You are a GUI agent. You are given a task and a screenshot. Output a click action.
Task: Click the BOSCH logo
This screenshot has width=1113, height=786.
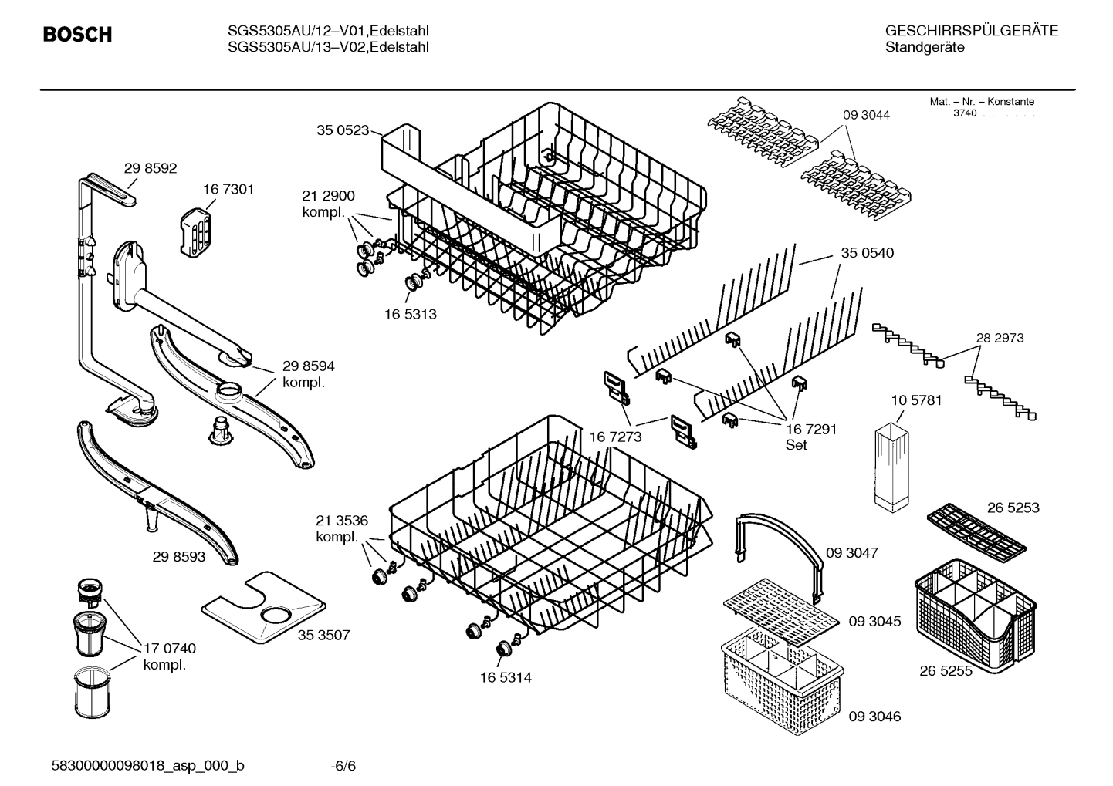point(77,35)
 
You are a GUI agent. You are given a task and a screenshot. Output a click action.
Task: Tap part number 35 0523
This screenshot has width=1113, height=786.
point(342,130)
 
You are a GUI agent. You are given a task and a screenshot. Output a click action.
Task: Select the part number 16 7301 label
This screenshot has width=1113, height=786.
point(228,189)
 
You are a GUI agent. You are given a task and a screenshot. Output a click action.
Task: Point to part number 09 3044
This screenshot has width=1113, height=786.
point(866,115)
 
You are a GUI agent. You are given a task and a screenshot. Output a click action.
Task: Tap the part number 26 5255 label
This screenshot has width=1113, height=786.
point(946,671)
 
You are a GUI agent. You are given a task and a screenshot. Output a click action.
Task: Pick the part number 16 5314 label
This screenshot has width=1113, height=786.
point(506,678)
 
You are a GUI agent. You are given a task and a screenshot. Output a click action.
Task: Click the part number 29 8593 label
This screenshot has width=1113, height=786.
point(179,555)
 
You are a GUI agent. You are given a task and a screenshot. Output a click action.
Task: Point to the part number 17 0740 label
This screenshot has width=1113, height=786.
point(170,649)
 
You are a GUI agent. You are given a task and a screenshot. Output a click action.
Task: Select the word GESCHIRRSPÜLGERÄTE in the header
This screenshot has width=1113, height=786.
point(971,32)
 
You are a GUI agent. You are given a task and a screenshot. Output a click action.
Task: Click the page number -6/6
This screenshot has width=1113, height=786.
point(343,766)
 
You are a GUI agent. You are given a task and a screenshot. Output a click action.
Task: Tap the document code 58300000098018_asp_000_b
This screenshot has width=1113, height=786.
point(147,766)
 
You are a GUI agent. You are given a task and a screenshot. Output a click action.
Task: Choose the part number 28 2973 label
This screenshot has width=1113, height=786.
point(1000,338)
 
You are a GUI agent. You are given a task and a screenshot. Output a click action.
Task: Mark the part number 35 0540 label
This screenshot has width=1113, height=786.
point(867,253)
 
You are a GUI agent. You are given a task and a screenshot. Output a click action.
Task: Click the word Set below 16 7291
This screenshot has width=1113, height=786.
point(796,445)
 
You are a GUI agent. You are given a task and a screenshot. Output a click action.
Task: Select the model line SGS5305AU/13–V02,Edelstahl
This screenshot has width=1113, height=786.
point(328,48)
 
